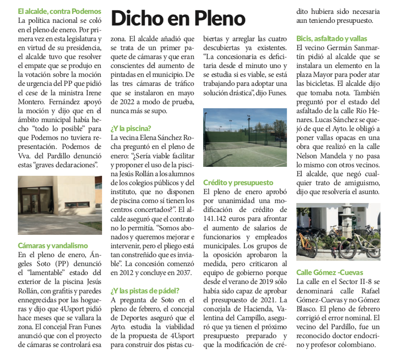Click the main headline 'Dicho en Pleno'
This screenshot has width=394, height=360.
(x=178, y=18)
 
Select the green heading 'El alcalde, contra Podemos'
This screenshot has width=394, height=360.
(x=60, y=11)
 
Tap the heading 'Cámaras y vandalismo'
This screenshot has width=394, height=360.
(x=53, y=246)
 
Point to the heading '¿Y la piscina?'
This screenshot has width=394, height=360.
(x=131, y=128)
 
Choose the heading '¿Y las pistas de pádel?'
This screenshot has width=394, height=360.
(x=145, y=290)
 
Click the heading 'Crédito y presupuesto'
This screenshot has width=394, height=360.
(x=238, y=182)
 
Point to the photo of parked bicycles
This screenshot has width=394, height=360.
(x=338, y=232)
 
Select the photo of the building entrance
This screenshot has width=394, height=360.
(x=60, y=205)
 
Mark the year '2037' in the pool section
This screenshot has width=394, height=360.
(x=183, y=273)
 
